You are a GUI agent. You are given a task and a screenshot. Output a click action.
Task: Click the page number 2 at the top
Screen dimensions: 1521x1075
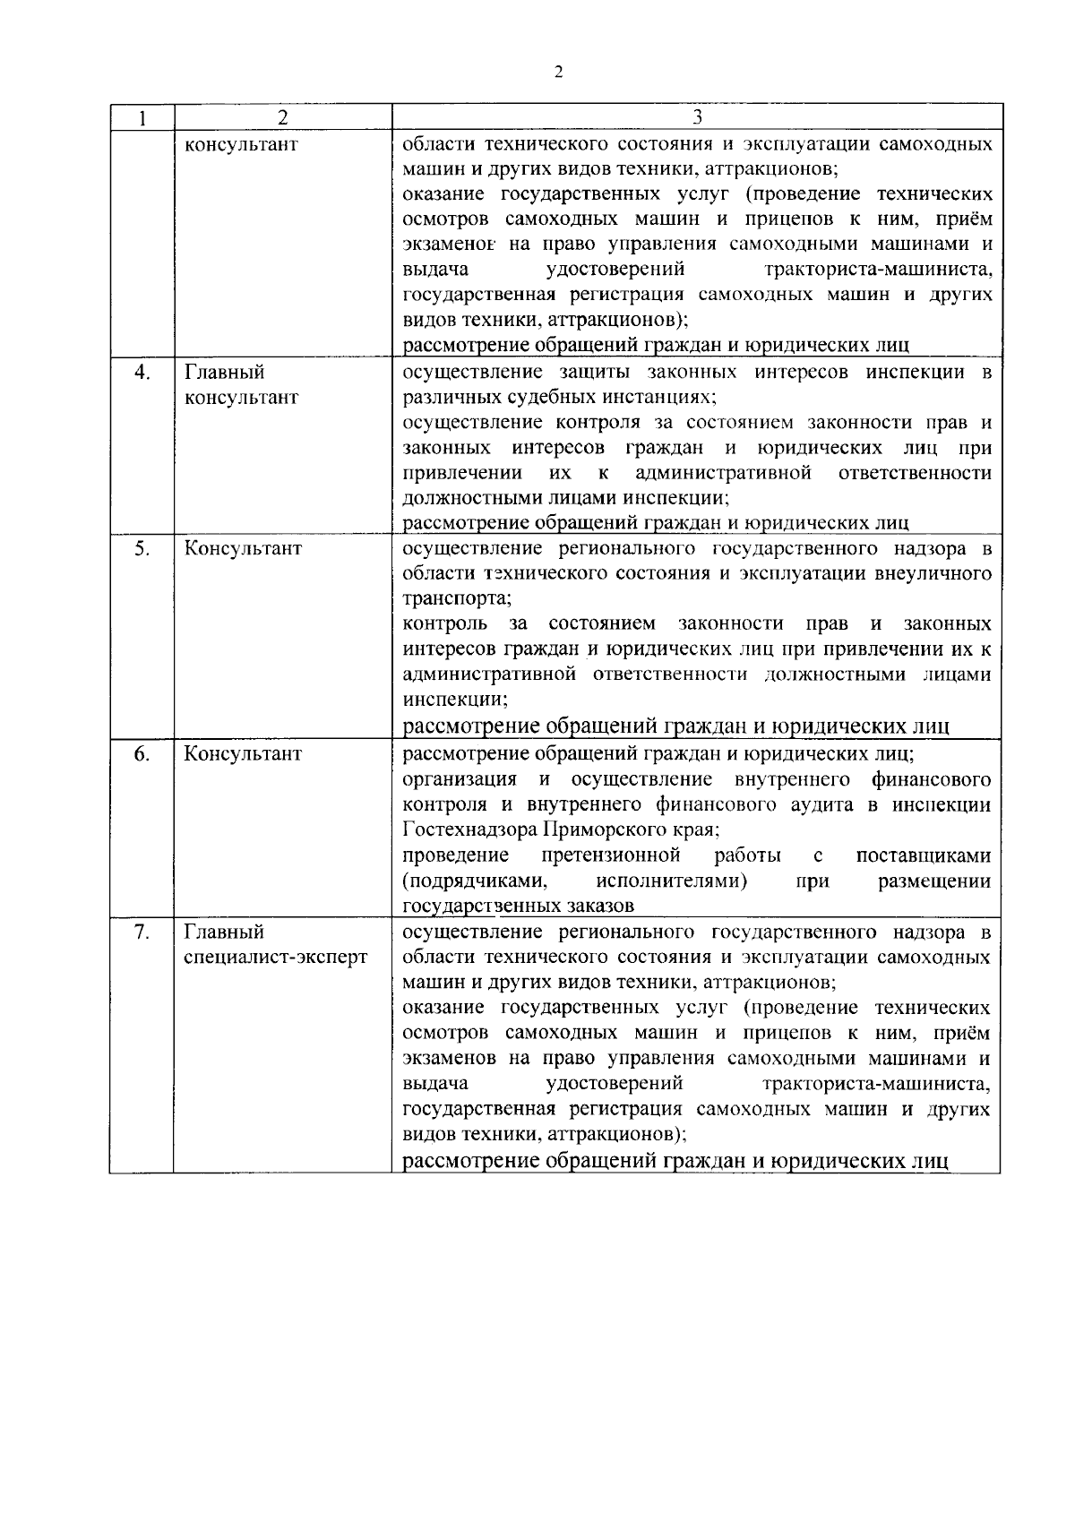coord(558,73)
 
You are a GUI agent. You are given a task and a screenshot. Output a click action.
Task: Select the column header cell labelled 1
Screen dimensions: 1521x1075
coord(142,118)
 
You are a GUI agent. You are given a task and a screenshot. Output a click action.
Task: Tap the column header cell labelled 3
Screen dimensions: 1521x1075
coord(697,118)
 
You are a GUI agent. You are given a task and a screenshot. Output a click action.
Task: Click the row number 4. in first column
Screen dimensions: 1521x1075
coord(142,373)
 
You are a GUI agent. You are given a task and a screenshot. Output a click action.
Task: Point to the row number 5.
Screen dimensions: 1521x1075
coord(142,549)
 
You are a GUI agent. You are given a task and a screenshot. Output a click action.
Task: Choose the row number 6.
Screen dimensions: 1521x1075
coord(142,753)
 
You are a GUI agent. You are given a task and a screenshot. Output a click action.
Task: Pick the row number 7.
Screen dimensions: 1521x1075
coord(142,932)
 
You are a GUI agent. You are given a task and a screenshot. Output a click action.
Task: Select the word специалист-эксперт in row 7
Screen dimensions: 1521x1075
coord(276,958)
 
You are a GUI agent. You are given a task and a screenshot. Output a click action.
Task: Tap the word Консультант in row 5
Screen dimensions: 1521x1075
coord(243,549)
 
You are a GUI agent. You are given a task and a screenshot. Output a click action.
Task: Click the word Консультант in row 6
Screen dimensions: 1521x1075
coord(243,753)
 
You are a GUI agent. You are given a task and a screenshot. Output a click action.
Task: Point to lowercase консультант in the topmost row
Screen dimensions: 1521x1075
coord(241,144)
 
